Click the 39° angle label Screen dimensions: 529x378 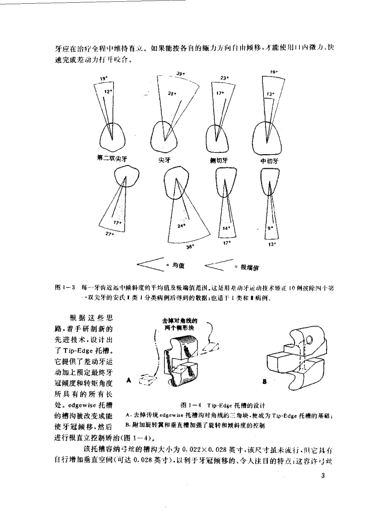click(180, 74)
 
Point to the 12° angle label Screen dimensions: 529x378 click(108, 91)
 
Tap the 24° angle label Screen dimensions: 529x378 click(181, 226)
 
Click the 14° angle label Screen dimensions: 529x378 click(226, 228)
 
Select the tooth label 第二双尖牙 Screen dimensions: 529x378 click(112, 159)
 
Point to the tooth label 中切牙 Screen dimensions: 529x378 click(270, 160)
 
